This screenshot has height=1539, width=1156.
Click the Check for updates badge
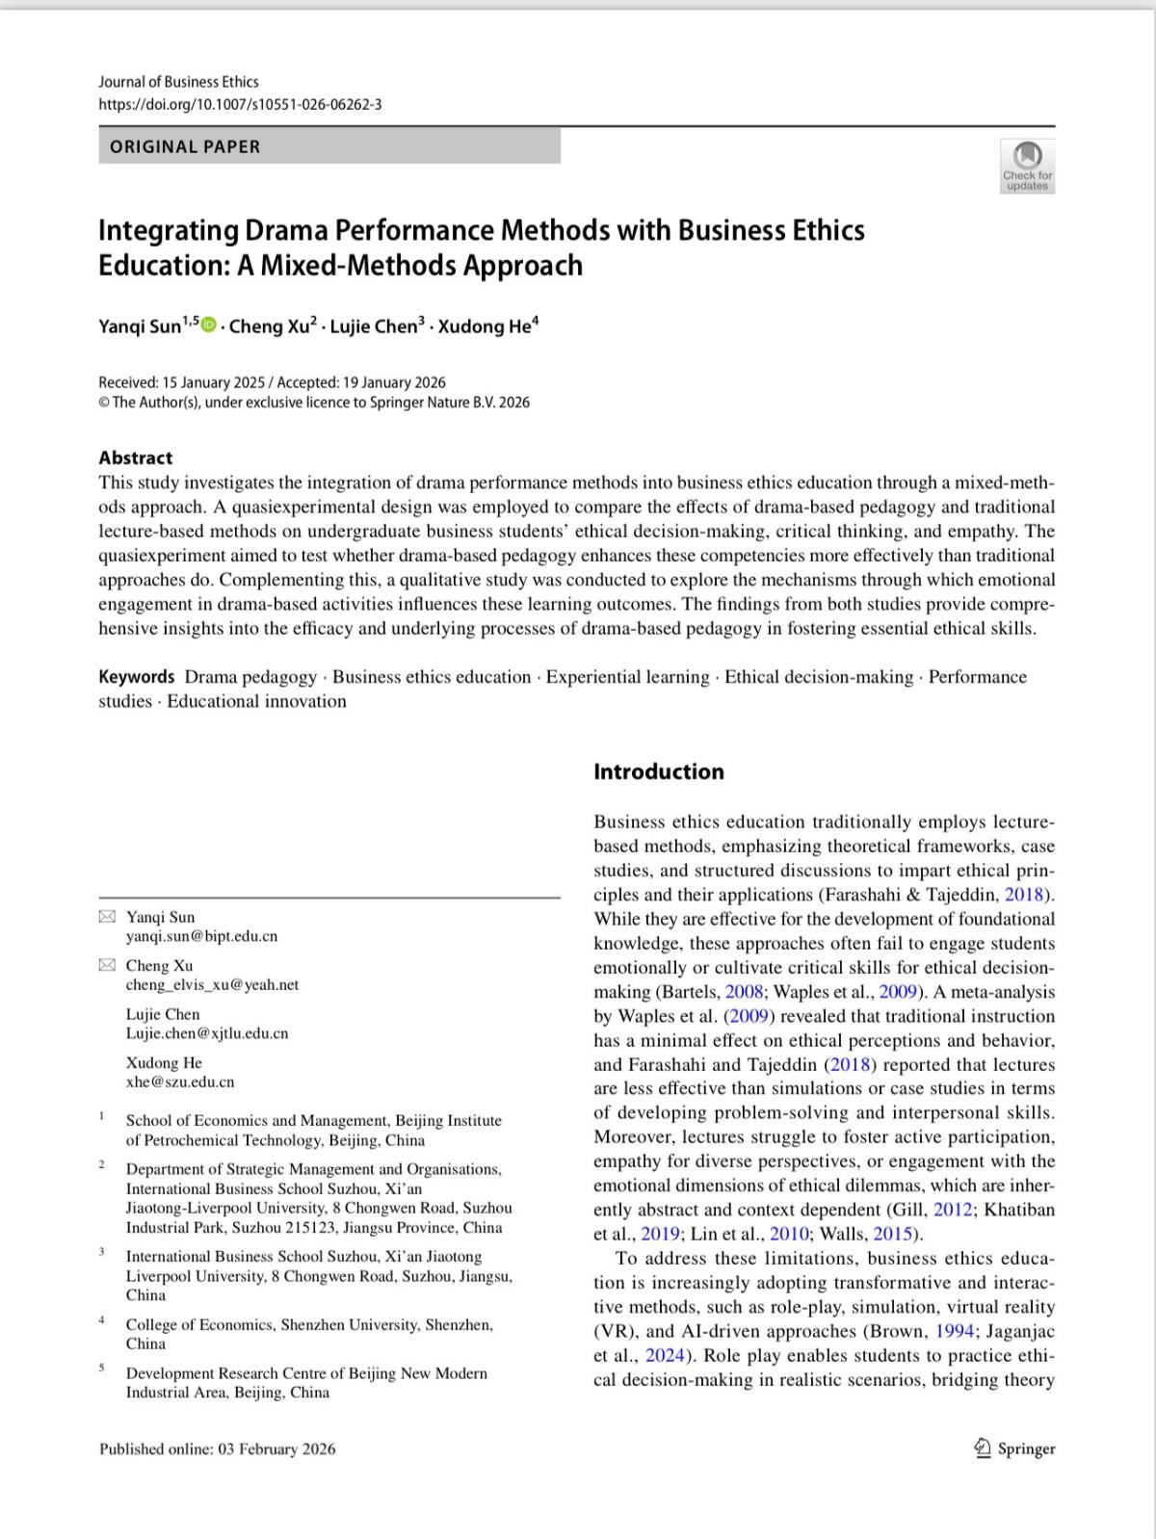[x=1027, y=166]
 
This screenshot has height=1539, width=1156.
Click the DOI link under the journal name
[x=240, y=104]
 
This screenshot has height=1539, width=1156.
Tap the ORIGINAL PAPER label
[x=185, y=147]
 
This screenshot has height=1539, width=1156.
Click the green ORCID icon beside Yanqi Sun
[x=209, y=326]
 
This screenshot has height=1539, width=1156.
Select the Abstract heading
[x=136, y=458]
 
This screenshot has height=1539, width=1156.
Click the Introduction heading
[x=659, y=771]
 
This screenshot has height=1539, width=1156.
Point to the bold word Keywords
[x=137, y=677]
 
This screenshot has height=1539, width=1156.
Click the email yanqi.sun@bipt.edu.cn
[x=201, y=936]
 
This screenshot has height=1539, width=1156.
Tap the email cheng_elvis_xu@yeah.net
[x=212, y=984]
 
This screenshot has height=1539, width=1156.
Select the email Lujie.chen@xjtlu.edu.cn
[x=207, y=1033]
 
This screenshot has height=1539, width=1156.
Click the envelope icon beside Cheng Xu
[x=108, y=965]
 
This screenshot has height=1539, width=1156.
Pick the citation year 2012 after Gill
[x=954, y=1210]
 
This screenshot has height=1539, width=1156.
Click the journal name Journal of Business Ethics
[x=178, y=82]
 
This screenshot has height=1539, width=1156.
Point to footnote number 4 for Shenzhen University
[x=101, y=1320]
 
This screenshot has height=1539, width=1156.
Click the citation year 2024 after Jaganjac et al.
[x=665, y=1356]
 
